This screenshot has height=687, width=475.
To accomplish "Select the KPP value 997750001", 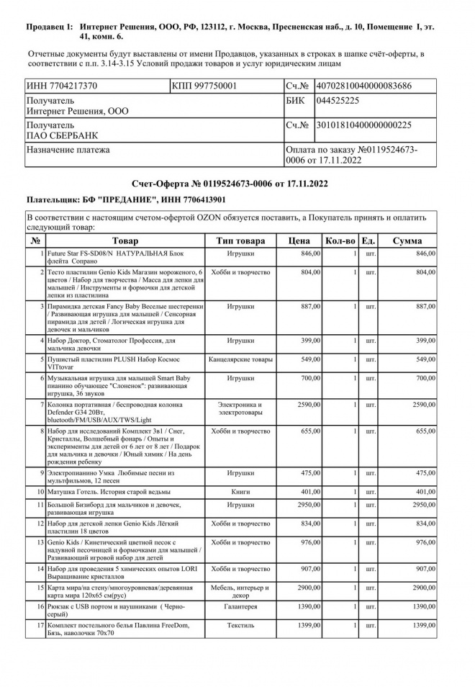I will point(214,86).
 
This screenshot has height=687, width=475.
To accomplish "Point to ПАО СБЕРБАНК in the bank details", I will point(63,135).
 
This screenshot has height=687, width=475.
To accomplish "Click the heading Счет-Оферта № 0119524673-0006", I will point(230,184).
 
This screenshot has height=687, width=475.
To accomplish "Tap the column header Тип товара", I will point(240,241).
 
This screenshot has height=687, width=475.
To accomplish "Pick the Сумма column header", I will point(407,241).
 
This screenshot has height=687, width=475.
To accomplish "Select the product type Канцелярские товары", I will point(240,359).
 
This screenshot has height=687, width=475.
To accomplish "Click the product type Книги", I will point(240,491).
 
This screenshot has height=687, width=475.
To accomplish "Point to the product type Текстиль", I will point(240,625).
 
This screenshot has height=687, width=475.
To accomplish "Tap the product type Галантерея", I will point(240,609).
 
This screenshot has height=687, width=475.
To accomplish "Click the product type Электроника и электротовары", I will point(240,409).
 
